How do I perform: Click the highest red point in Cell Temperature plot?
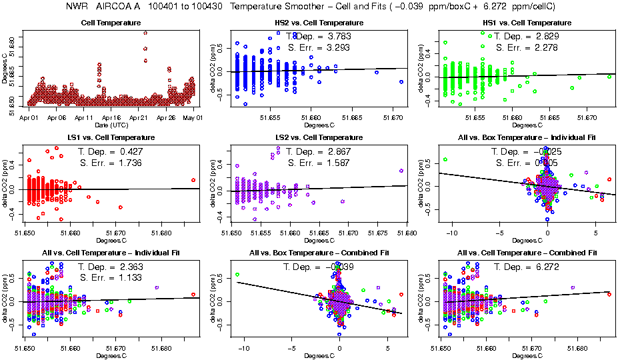tap(145, 33)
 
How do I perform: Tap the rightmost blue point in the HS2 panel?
tap(401, 81)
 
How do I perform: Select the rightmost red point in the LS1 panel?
tap(193, 180)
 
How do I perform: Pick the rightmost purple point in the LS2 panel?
tap(401, 171)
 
